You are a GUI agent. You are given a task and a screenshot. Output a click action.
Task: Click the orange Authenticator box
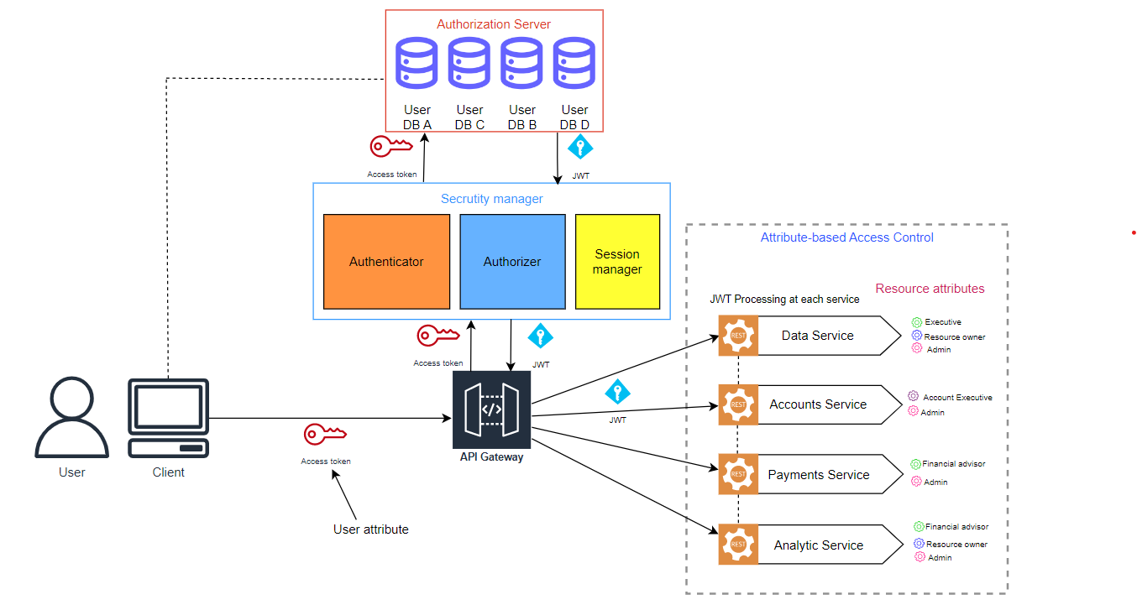[x=386, y=261]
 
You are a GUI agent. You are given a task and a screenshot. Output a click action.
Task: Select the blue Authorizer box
[x=512, y=261]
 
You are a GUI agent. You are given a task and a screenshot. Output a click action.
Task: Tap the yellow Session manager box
[x=617, y=261]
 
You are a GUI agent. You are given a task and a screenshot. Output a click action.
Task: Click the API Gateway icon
[x=491, y=409]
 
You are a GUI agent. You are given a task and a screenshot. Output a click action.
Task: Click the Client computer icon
[x=168, y=417]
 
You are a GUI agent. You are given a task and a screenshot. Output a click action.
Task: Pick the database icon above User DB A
[x=417, y=62]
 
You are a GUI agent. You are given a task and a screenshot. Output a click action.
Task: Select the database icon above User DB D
[x=574, y=62]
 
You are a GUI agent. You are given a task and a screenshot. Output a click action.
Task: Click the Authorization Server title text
[x=494, y=24]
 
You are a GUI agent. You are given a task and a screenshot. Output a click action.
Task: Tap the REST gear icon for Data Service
[x=738, y=336]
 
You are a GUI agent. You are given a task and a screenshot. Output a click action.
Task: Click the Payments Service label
[x=818, y=475]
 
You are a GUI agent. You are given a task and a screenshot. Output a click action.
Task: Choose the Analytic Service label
[x=818, y=545]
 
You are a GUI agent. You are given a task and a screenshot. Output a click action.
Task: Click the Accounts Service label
[x=818, y=404]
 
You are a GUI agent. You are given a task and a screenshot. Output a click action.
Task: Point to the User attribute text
[x=370, y=529]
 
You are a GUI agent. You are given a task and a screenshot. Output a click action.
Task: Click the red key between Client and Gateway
[x=324, y=434]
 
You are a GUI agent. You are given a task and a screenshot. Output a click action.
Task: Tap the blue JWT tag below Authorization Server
[x=580, y=149]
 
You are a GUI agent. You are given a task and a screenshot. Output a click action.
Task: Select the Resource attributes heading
[x=930, y=289]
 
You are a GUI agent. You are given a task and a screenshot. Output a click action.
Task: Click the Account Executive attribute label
[x=957, y=398]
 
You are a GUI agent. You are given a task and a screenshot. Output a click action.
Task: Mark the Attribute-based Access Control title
[x=846, y=237]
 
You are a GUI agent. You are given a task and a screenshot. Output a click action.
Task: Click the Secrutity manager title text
[x=491, y=199]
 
